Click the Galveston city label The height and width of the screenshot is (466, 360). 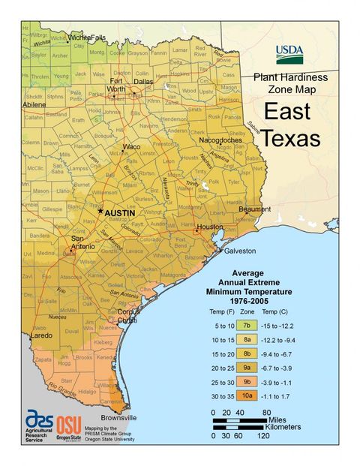(238, 251)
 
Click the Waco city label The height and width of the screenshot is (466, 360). (132, 146)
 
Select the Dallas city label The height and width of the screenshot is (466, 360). (143, 81)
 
